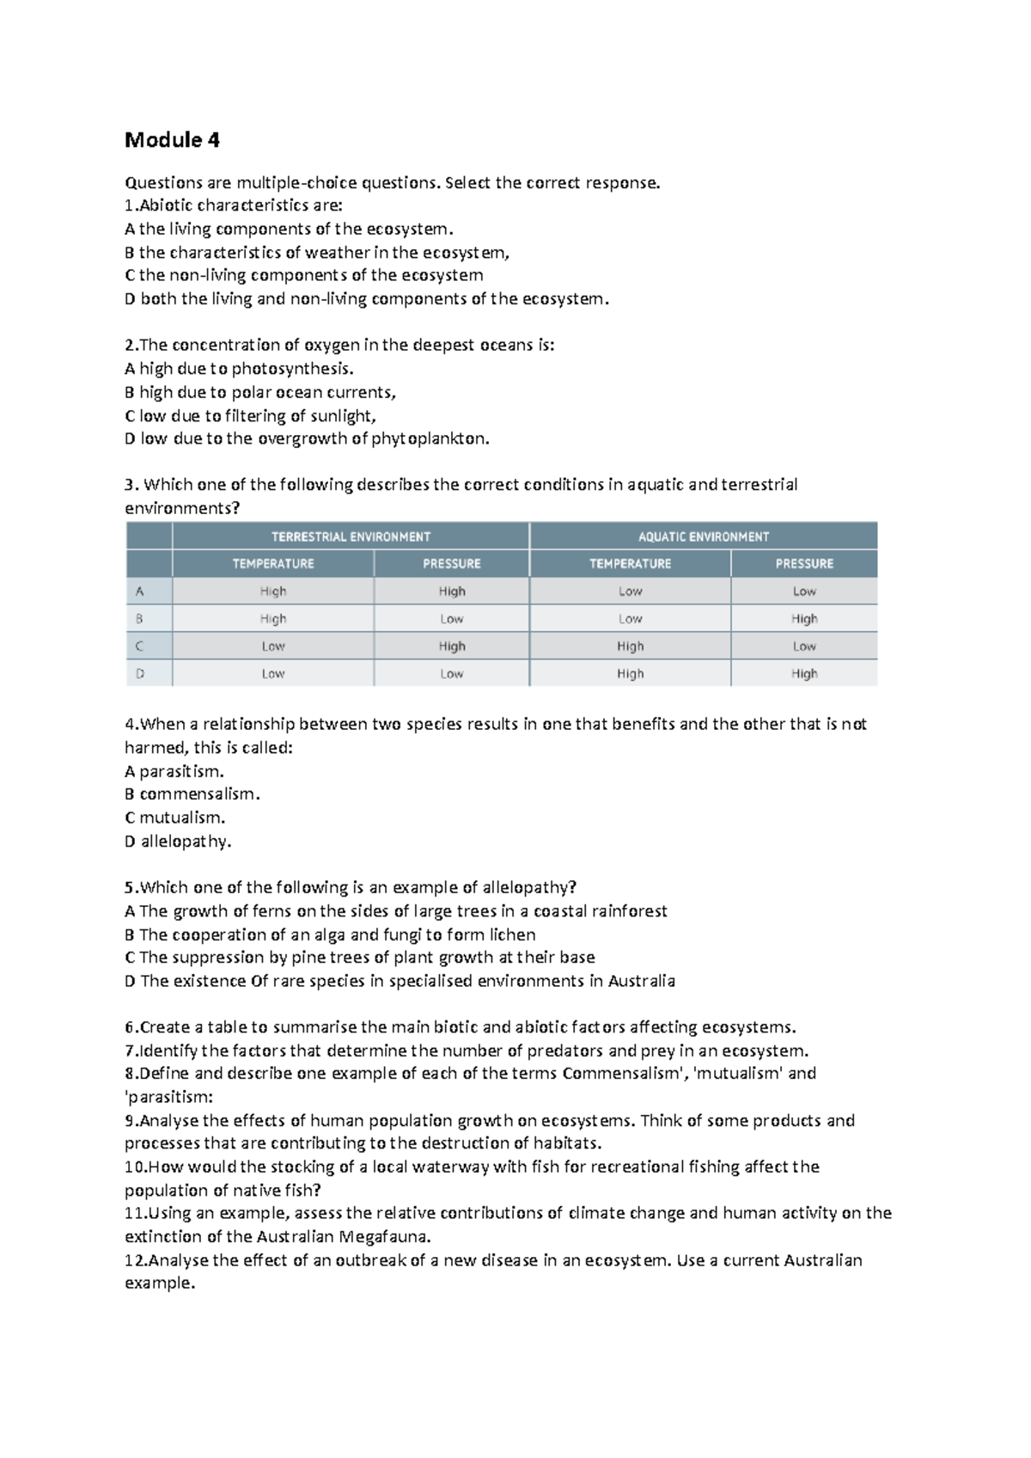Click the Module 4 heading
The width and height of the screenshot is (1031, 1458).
pos(172,140)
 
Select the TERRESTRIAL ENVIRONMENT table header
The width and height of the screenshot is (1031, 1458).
pos(351,536)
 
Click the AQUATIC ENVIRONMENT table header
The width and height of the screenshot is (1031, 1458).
pos(703,536)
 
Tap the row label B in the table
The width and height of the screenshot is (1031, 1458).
pos(139,619)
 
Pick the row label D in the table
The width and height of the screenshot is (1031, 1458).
pos(139,674)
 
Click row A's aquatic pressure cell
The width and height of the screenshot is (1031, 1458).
pos(804,591)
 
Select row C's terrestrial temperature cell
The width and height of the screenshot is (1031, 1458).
pos(273,646)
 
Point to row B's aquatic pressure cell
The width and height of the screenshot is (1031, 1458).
pos(804,619)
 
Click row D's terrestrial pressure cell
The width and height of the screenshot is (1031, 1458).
pos(451,674)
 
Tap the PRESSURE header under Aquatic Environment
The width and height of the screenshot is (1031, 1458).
pos(804,564)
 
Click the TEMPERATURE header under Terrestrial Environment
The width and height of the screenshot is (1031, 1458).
pos(273,564)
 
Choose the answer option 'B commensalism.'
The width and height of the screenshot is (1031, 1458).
pos(192,794)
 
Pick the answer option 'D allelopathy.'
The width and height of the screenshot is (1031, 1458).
pos(178,842)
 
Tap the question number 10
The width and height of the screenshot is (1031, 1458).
pos(136,1167)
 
